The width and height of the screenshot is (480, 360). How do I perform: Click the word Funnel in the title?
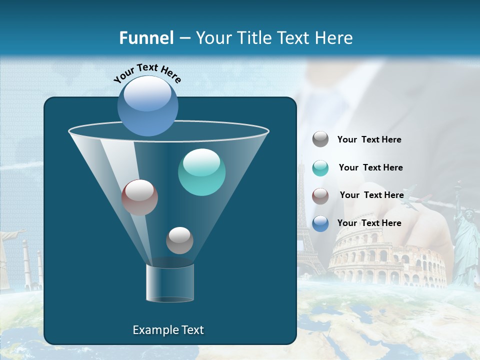pos(146,38)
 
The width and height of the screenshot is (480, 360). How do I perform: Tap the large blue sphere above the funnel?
pos(147,105)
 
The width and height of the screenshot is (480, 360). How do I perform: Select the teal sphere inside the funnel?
pos(201,172)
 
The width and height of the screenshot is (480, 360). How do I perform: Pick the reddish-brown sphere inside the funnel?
pos(139,197)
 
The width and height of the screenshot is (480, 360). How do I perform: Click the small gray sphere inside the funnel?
pos(179,240)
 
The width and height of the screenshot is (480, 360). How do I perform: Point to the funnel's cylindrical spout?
pos(170,282)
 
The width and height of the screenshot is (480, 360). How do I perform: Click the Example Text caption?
pos(168,330)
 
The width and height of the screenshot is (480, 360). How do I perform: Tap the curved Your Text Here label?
pos(147,72)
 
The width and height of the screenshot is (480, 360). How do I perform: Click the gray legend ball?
pos(320,139)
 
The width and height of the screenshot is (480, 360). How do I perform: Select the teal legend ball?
pos(320,168)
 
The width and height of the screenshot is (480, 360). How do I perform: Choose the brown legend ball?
pos(320,195)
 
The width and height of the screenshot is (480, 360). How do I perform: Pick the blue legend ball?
pos(320,223)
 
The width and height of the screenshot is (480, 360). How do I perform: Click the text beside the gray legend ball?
pos(369,140)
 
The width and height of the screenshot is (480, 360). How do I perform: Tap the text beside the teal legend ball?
pos(370,168)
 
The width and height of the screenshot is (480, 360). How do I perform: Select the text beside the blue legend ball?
pos(369,223)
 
